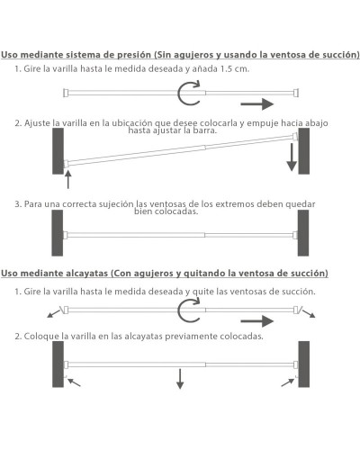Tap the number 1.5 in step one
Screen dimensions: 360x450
tap(226, 68)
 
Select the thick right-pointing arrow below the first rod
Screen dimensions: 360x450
tap(257, 104)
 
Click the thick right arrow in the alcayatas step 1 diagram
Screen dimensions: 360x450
tap(257, 321)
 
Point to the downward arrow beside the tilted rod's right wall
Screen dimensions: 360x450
tap(292, 157)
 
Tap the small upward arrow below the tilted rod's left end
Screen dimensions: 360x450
tap(68, 179)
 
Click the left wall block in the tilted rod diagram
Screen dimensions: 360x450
tap(58, 151)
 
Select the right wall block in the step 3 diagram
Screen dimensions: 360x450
tap(303, 233)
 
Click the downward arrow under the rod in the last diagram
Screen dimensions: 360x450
tap(180, 379)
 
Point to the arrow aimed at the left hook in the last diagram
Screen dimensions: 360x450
tap(74, 382)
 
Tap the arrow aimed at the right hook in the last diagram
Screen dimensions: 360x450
tap(288, 382)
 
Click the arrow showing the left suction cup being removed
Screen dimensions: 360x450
tap(54, 314)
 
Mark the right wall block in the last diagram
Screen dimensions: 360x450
tap(304, 364)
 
